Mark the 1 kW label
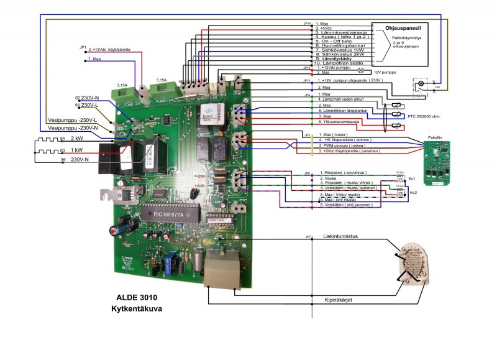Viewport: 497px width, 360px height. click(77, 149)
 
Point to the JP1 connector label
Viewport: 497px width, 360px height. click(83, 47)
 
